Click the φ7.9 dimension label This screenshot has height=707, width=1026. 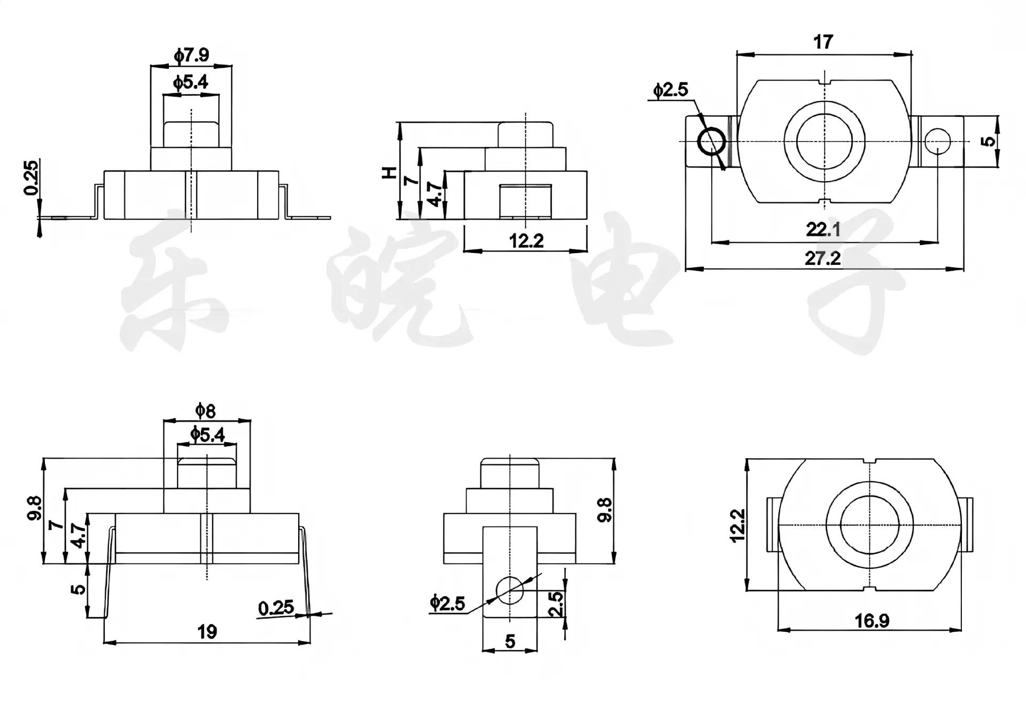(191, 55)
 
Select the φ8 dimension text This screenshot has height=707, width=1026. (205, 411)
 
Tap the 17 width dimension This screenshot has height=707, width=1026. (823, 42)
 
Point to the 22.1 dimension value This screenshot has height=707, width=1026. (823, 230)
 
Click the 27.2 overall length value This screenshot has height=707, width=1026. (823, 258)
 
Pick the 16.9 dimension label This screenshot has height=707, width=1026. (872, 620)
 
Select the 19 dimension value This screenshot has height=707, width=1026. (207, 632)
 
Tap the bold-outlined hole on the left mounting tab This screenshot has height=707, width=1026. (711, 141)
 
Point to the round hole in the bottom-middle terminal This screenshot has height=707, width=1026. (510, 590)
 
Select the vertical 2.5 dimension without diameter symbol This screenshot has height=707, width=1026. (556, 604)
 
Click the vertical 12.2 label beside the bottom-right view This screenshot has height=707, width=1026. (737, 525)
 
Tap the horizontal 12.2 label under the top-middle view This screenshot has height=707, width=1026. (526, 241)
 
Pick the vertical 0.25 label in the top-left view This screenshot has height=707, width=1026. (32, 178)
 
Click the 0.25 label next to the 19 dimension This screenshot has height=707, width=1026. (276, 608)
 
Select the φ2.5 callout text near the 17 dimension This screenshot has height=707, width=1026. (671, 90)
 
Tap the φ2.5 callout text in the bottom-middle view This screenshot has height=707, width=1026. (448, 603)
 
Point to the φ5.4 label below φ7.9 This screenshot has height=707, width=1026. (191, 82)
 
